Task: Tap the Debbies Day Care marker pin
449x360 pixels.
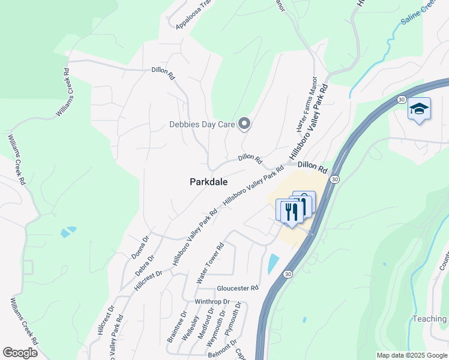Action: [x=244, y=124]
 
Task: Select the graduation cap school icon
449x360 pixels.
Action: [x=419, y=109]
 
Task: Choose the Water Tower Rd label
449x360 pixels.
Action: [x=210, y=263]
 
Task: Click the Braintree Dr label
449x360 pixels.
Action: [x=173, y=326]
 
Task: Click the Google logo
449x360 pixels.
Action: [x=20, y=353]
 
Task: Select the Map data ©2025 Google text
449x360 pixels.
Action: [x=411, y=355]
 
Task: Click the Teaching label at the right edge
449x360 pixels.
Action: [x=429, y=319]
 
